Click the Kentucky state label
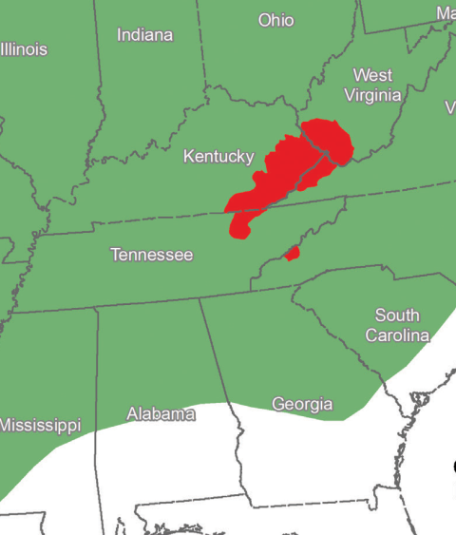tap(218, 156)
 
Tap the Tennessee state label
tap(152, 255)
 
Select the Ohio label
tap(276, 20)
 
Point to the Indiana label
tap(145, 35)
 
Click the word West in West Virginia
tap(372, 75)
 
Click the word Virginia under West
tap(372, 95)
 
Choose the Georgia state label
tap(302, 404)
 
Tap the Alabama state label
tap(161, 414)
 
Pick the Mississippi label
tap(40, 425)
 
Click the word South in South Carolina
tap(398, 315)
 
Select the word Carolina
tap(398, 335)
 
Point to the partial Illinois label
tap(23, 49)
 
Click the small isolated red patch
tap(293, 253)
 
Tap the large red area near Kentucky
tap(285, 171)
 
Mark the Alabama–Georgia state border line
tap(220, 361)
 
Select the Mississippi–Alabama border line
tap(96, 380)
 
